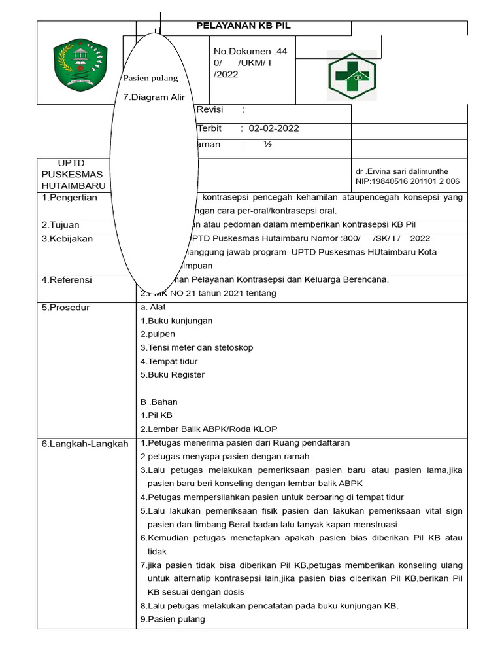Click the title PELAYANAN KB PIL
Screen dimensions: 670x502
pyautogui.click(x=244, y=26)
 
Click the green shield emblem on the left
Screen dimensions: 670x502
pyautogui.click(x=79, y=66)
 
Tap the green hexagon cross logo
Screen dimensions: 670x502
pyautogui.click(x=352, y=76)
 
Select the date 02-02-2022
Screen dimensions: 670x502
pyautogui.click(x=273, y=128)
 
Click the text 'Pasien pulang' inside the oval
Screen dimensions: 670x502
pyautogui.click(x=150, y=79)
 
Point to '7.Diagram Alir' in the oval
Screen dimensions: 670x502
pyautogui.click(x=154, y=97)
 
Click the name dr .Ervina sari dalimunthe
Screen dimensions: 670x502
pyautogui.click(x=402, y=171)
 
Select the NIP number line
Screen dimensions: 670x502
pyautogui.click(x=407, y=181)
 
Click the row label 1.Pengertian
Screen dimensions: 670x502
pyautogui.click(x=69, y=198)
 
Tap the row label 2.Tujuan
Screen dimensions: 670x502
pyautogui.click(x=60, y=225)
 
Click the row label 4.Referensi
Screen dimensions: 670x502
pyautogui.click(x=67, y=280)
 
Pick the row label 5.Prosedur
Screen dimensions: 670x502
pyautogui.click(x=66, y=308)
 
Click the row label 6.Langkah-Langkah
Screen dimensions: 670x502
pyautogui.click(x=84, y=444)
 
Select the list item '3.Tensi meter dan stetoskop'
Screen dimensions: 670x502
pyautogui.click(x=196, y=347)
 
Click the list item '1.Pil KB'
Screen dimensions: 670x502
pyautogui.click(x=156, y=415)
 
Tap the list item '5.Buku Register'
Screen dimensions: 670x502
pyautogui.click(x=173, y=375)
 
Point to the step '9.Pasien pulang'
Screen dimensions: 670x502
pyautogui.click(x=173, y=619)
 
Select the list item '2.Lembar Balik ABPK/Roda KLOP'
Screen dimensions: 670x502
pyautogui.click(x=209, y=429)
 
